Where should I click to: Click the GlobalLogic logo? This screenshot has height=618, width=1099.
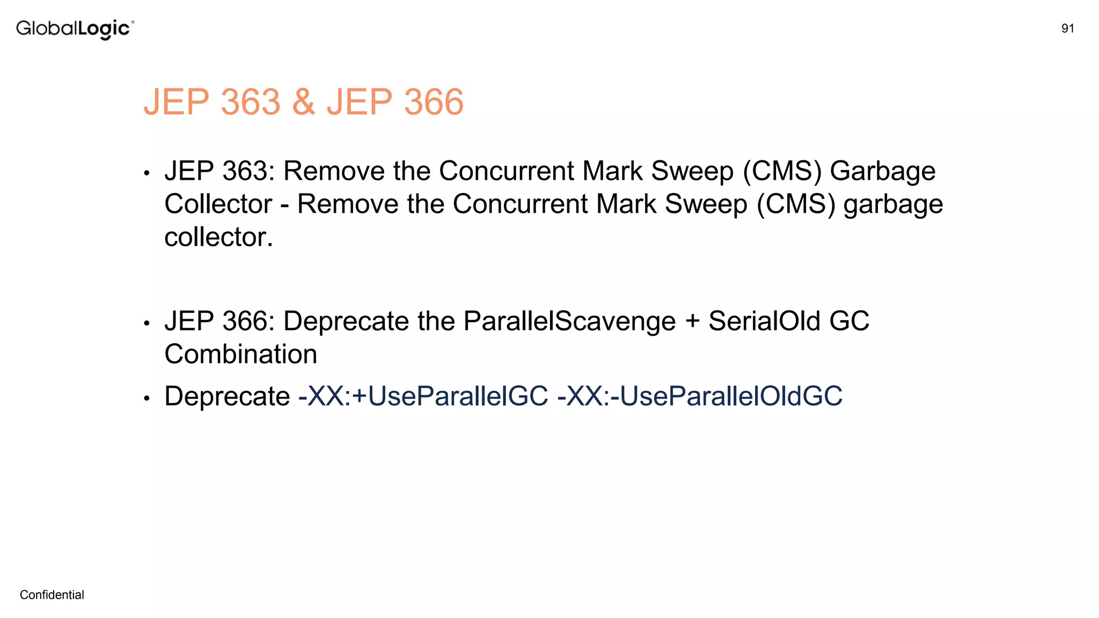[x=75, y=28]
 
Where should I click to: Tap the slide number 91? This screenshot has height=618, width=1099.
[x=1067, y=28]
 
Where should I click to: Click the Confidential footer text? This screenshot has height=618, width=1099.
[x=52, y=594]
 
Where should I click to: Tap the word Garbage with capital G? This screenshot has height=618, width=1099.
[x=882, y=172]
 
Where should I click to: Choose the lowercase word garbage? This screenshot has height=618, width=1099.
[x=893, y=205]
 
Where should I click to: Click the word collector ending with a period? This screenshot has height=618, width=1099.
[x=218, y=237]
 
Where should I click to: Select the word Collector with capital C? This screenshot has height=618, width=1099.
[x=218, y=204]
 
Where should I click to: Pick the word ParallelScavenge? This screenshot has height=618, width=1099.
[x=569, y=322]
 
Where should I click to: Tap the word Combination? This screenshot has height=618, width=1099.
[x=241, y=354]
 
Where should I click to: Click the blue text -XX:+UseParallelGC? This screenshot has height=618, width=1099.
[x=423, y=396]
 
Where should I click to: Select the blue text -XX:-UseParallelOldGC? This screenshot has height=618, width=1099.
[x=700, y=396]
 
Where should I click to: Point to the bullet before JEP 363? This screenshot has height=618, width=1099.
[x=146, y=173]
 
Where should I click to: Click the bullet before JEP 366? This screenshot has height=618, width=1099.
[x=146, y=323]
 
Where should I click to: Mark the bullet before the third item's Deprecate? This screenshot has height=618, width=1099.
[x=146, y=399]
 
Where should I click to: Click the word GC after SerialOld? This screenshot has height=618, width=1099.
[x=849, y=321]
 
